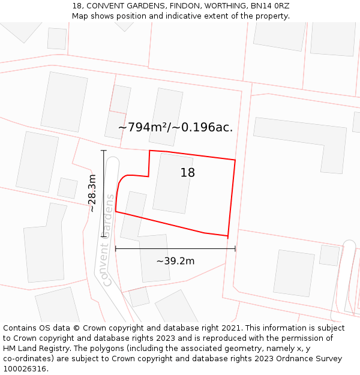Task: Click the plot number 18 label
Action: click(187, 173)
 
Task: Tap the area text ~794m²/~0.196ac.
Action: click(175, 127)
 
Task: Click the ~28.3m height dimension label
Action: click(92, 193)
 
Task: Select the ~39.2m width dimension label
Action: click(175, 261)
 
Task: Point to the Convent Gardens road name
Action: click(107, 240)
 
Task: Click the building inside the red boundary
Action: click(172, 183)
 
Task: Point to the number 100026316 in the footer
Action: click(25, 369)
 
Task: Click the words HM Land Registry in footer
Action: click(35, 349)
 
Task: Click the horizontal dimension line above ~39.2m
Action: click(175, 248)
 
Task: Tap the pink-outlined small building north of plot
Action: click(120, 99)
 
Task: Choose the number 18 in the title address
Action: click(77, 6)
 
